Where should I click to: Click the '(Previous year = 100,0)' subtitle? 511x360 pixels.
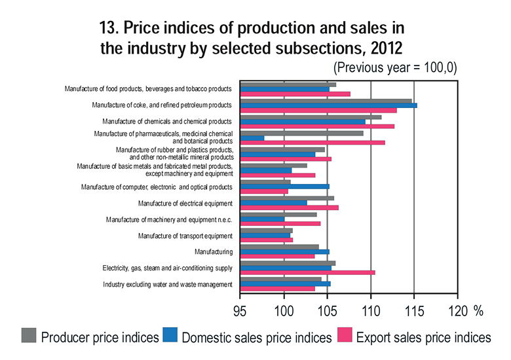pyautogui.click(x=395, y=67)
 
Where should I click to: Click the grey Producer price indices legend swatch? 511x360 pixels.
pyautogui.click(x=29, y=336)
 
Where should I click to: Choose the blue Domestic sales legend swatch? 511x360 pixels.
pyautogui.click(x=170, y=336)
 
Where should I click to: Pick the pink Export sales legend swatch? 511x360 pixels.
pyautogui.click(x=345, y=336)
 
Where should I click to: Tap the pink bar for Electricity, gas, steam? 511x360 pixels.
pyautogui.click(x=308, y=272)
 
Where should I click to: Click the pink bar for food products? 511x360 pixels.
pyautogui.click(x=295, y=94)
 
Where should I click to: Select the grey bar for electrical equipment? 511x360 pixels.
pyautogui.click(x=288, y=198)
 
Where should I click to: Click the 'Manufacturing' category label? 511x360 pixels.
pyautogui.click(x=214, y=251)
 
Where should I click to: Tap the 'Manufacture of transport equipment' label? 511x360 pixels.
pyautogui.click(x=185, y=236)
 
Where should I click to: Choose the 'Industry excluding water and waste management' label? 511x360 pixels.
pyautogui.click(x=168, y=285)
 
